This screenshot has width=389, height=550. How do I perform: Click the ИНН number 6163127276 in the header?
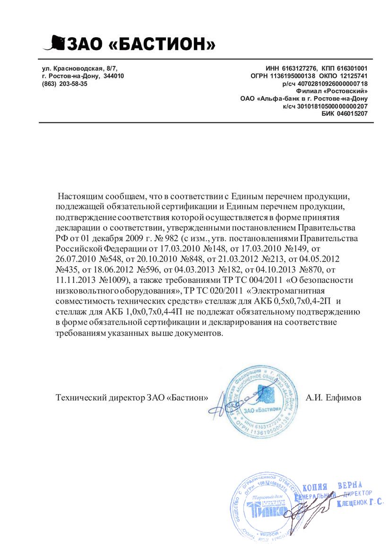coord(300,68)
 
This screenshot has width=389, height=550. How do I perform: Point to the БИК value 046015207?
coord(353,114)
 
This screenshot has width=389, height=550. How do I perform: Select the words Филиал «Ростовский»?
coord(332,91)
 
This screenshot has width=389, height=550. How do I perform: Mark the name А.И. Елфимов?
coord(333,398)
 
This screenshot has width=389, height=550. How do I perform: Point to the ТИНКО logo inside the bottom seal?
coord(266,510)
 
